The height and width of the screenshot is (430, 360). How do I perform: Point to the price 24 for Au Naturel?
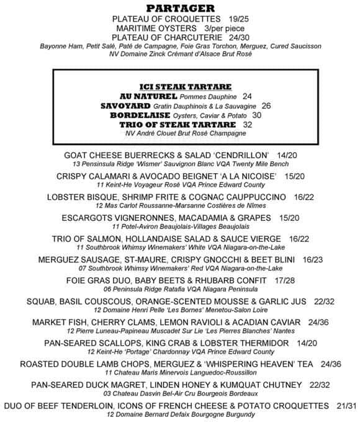pos(247,97)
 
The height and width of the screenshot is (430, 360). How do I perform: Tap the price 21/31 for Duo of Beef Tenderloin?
pos(346,406)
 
